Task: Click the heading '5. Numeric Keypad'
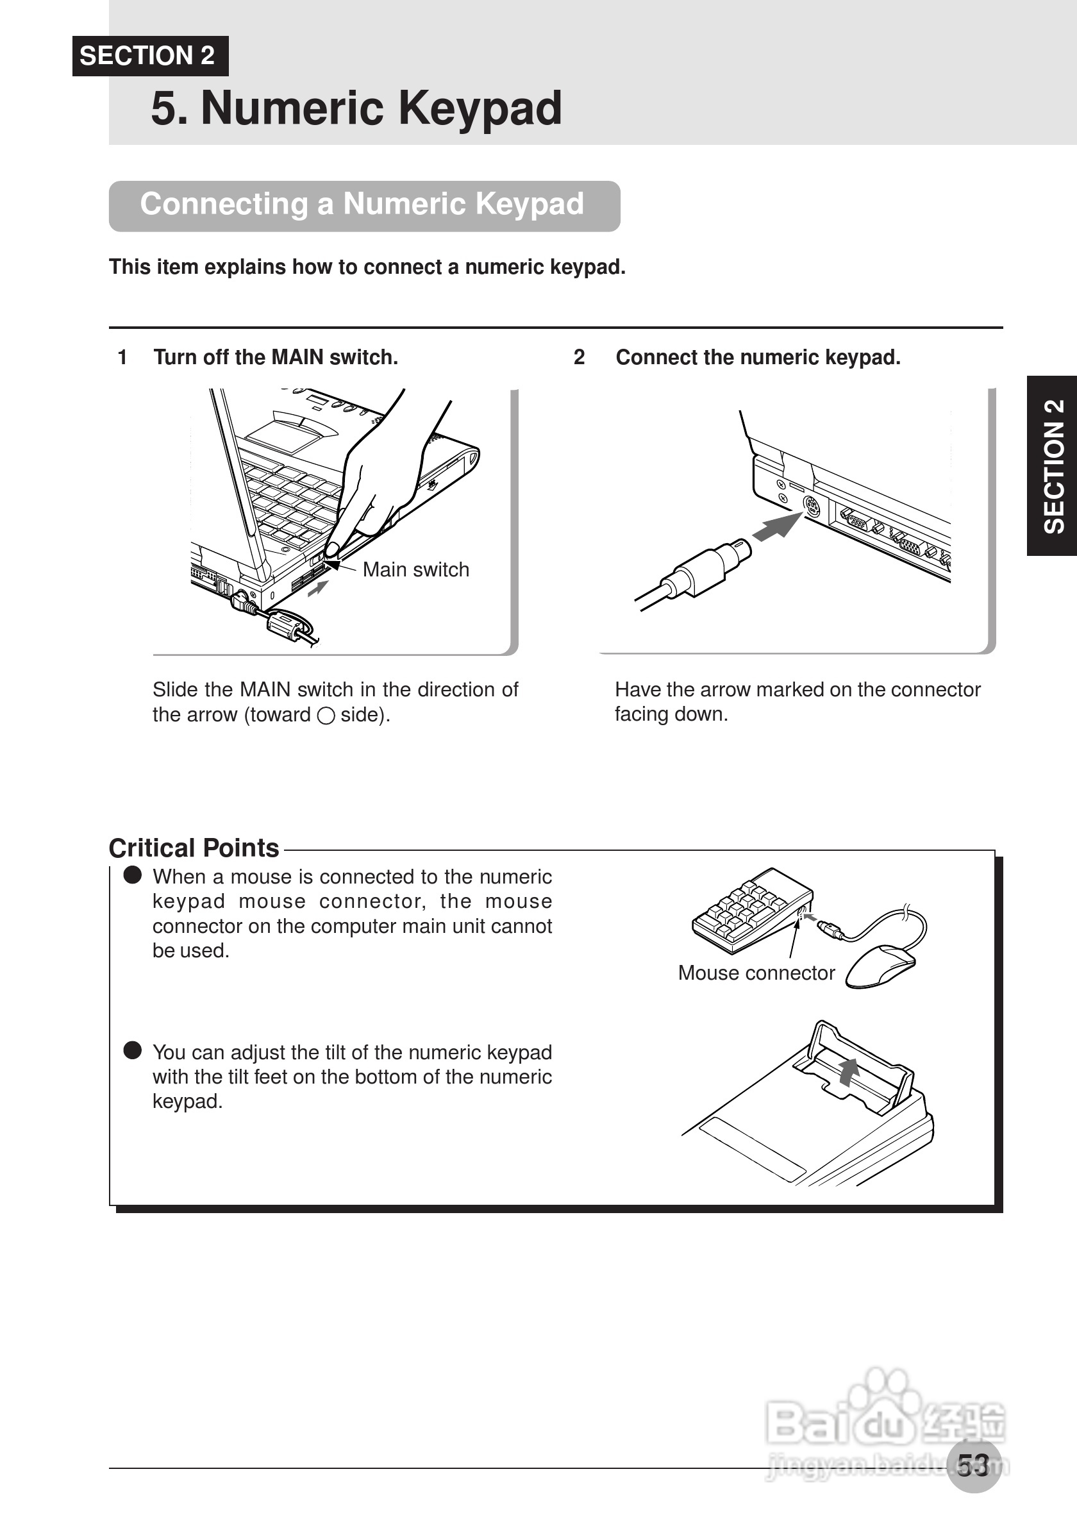pyautogui.click(x=356, y=108)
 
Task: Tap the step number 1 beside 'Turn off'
pyautogui.click(x=122, y=358)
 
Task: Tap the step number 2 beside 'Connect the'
pyautogui.click(x=580, y=358)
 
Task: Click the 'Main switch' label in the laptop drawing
pyautogui.click(x=416, y=569)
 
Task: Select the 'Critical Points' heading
pyautogui.click(x=194, y=849)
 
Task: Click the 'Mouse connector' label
pyautogui.click(x=756, y=973)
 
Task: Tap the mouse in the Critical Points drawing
pyautogui.click(x=881, y=968)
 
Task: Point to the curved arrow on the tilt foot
pyautogui.click(x=847, y=1071)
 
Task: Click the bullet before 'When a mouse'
pyautogui.click(x=133, y=875)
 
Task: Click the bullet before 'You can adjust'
pyautogui.click(x=133, y=1050)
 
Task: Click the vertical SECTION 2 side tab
pyautogui.click(x=1053, y=466)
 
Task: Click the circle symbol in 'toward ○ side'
pyautogui.click(x=326, y=716)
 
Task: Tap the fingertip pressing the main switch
pyautogui.click(x=332, y=548)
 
